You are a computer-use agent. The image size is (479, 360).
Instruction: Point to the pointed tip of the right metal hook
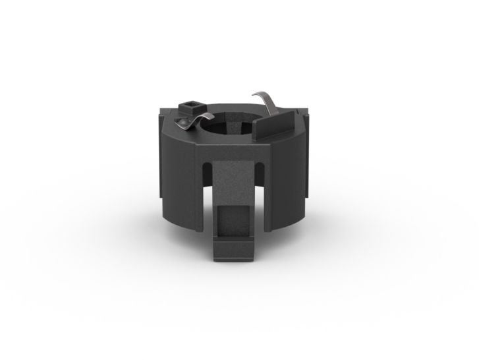(255, 94)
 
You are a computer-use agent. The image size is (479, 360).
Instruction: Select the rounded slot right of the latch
(259, 173)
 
